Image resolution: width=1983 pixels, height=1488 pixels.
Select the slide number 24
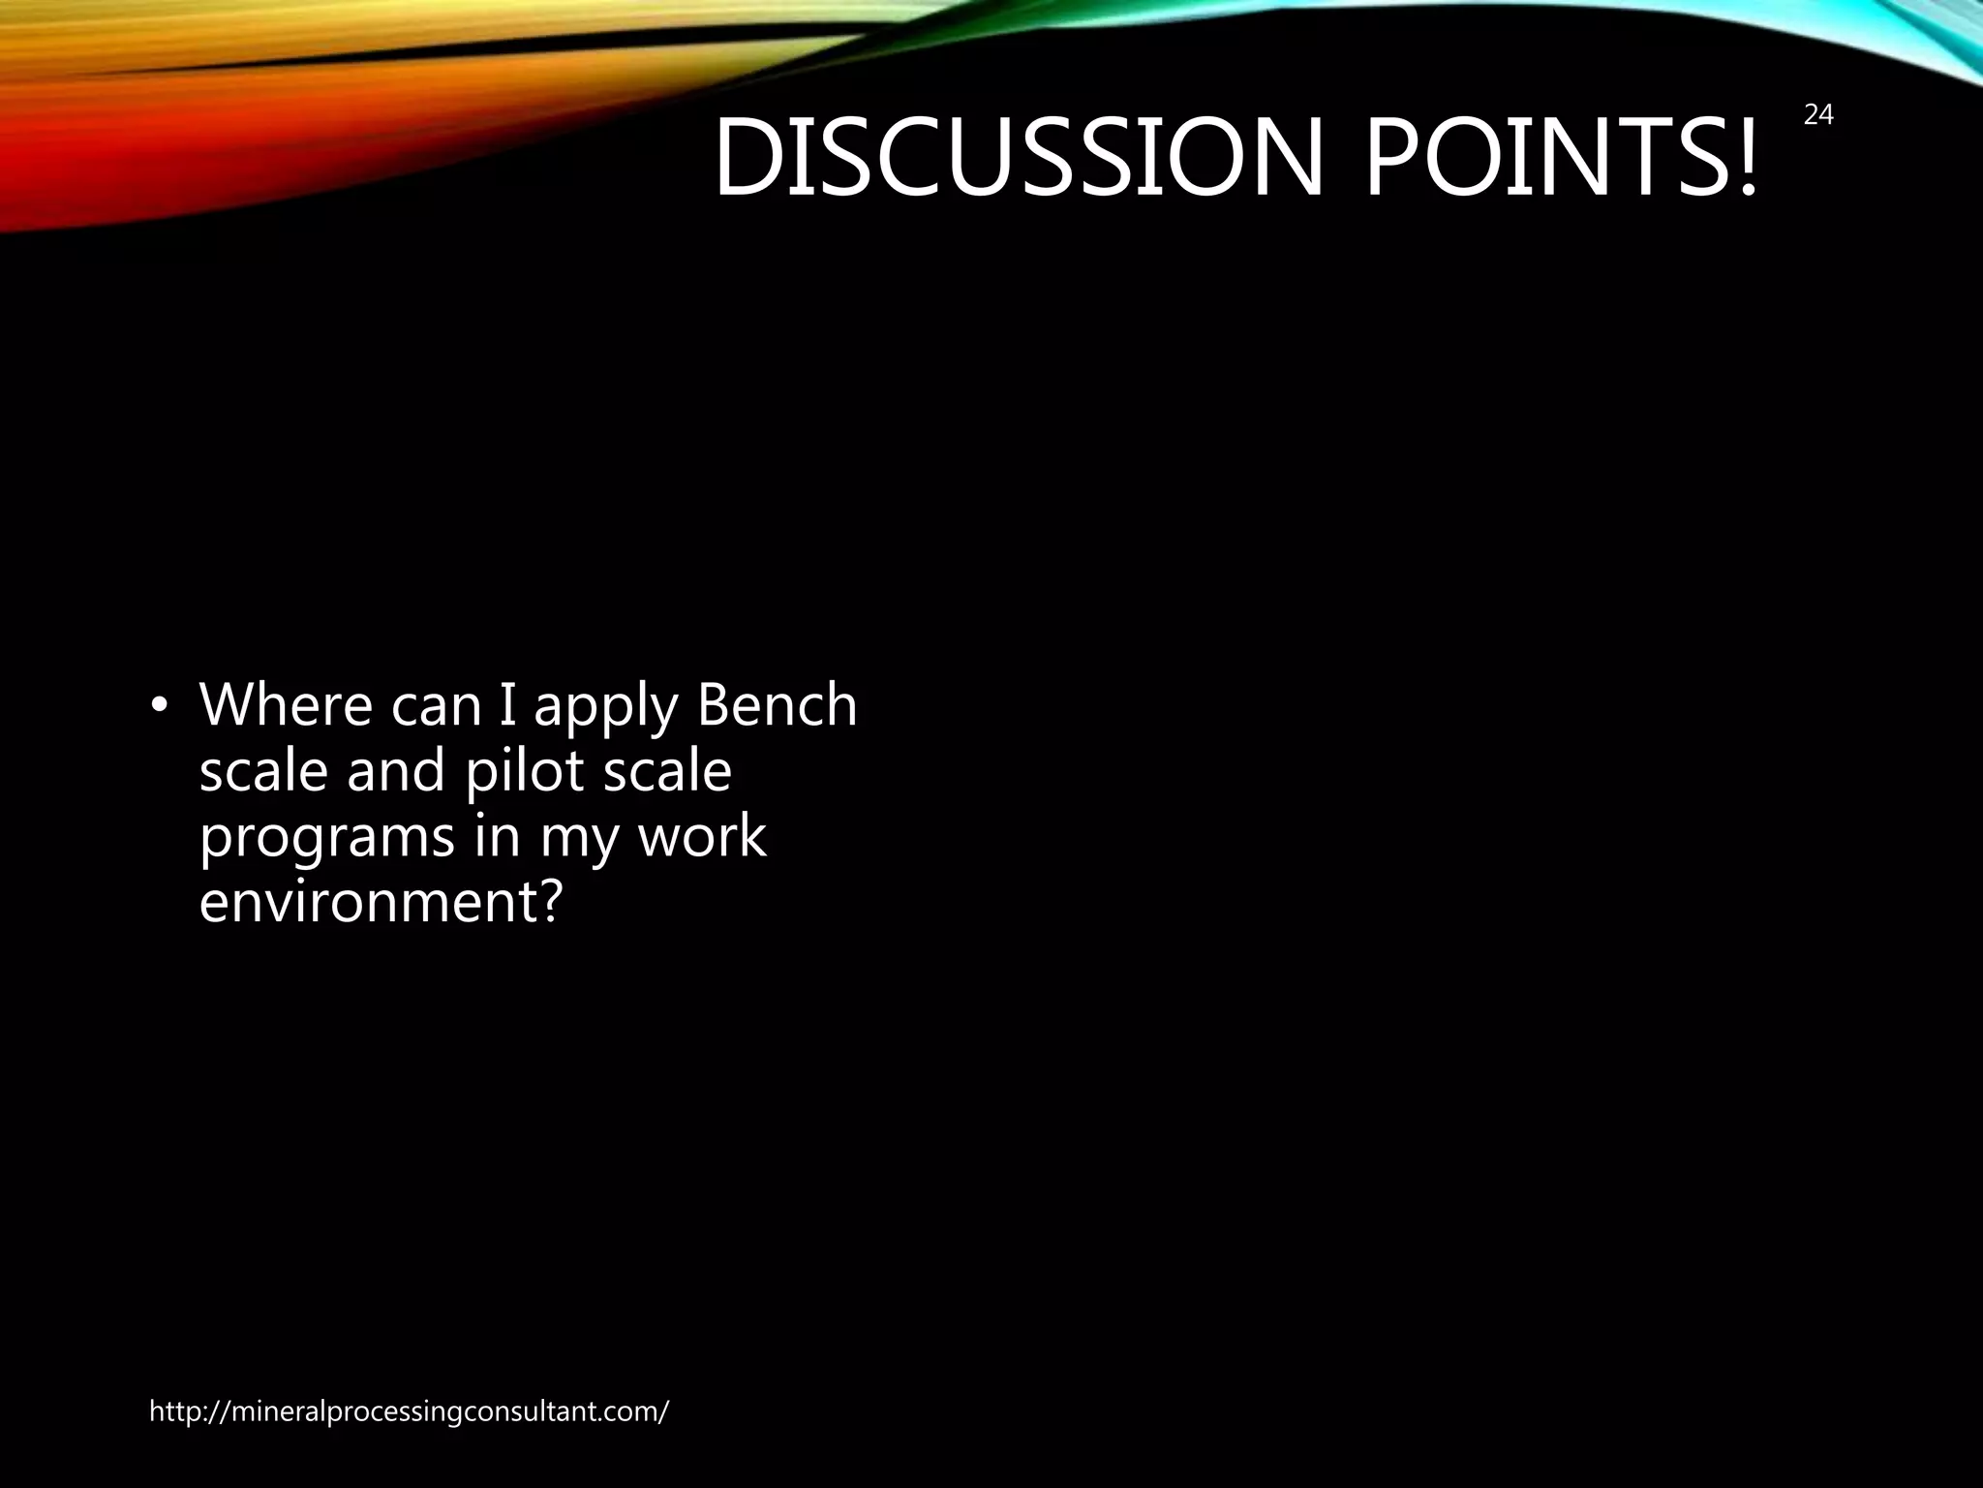click(x=1818, y=115)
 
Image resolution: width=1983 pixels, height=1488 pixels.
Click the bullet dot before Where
click(x=160, y=707)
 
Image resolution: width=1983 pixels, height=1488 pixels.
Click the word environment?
click(x=380, y=901)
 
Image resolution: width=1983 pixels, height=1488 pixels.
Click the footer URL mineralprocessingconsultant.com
click(x=409, y=1411)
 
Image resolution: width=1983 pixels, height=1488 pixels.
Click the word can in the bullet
click(x=436, y=706)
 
